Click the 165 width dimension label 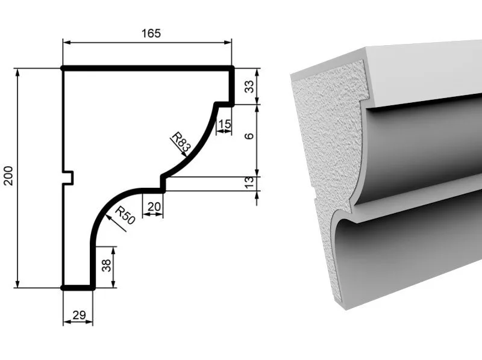coord(151,33)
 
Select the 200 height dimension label coord(8,175)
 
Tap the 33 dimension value coord(249,86)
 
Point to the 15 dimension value coord(224,124)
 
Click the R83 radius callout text coord(181,142)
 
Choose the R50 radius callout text coord(125,216)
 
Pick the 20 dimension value coord(154,206)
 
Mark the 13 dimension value coord(249,182)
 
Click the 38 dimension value coord(106,265)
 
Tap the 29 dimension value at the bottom coord(79,315)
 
